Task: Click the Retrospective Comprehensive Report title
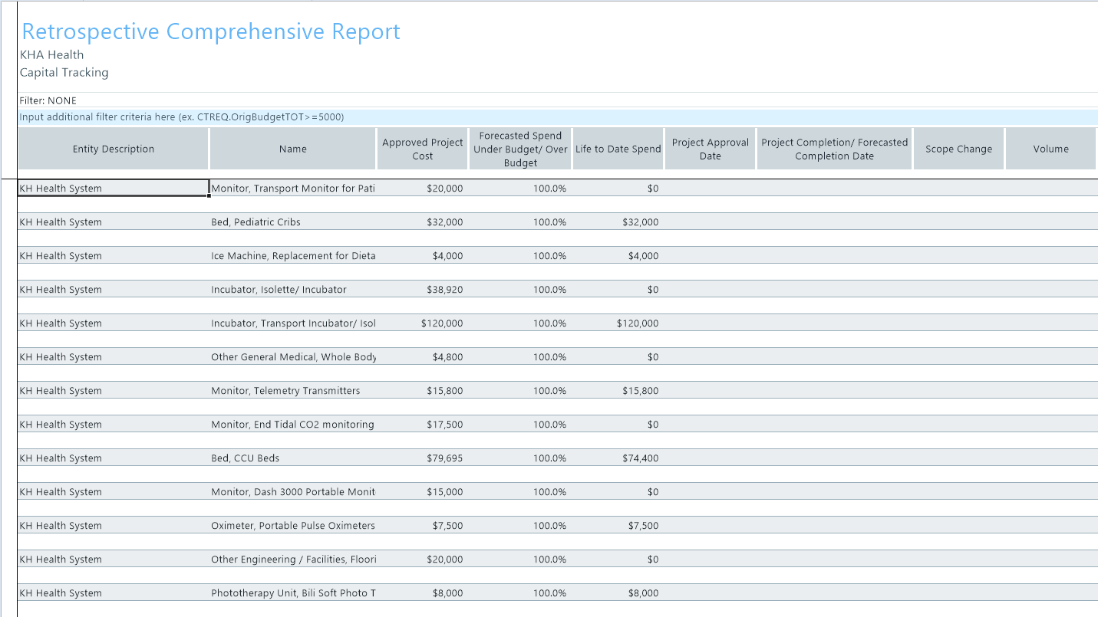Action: pyautogui.click(x=211, y=32)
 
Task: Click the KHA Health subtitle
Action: pyautogui.click(x=52, y=55)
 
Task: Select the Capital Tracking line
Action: pyautogui.click(x=64, y=73)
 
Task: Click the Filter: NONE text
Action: pyautogui.click(x=48, y=100)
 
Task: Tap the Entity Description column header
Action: pyautogui.click(x=114, y=149)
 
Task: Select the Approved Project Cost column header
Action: pyautogui.click(x=422, y=149)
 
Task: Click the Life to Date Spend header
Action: pyautogui.click(x=618, y=149)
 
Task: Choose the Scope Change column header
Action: pyautogui.click(x=958, y=149)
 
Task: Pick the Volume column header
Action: pyautogui.click(x=1050, y=149)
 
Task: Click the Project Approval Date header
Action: pyautogui.click(x=710, y=149)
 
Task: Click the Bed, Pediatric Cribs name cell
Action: pyautogui.click(x=256, y=222)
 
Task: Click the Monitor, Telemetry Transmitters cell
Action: pyautogui.click(x=285, y=391)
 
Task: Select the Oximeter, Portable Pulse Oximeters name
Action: pyautogui.click(x=293, y=526)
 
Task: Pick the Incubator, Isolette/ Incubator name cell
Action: pyautogui.click(x=279, y=290)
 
